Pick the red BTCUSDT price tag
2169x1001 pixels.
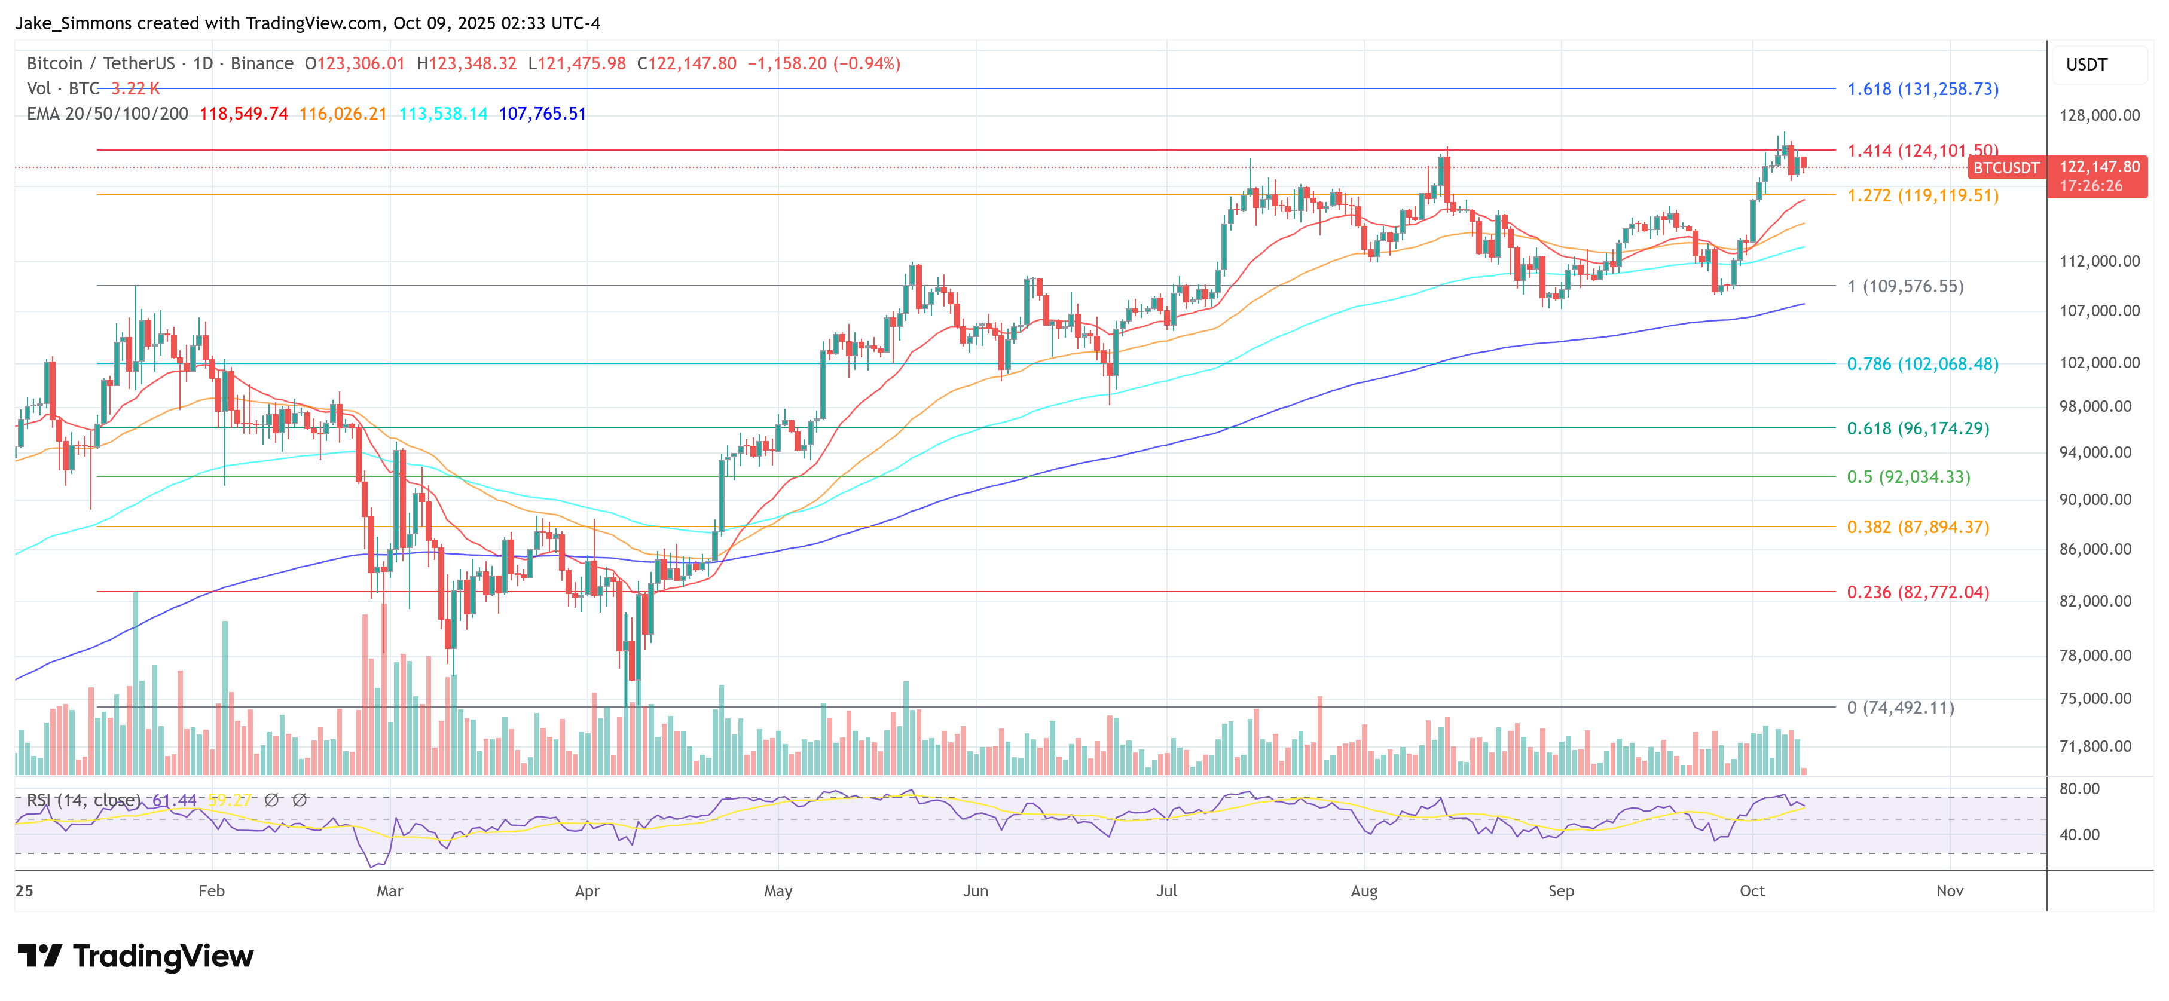[2006, 167]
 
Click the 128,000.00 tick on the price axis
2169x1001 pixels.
[2098, 115]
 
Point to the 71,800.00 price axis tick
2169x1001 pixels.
[2095, 746]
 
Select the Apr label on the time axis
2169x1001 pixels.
[587, 890]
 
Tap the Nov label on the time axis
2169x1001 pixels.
[1949, 890]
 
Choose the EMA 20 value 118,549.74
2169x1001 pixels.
[243, 114]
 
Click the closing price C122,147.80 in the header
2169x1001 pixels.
[686, 63]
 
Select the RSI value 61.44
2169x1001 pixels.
[175, 800]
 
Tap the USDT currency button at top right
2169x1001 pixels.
[2086, 65]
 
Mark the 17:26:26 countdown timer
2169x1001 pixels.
[2091, 186]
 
